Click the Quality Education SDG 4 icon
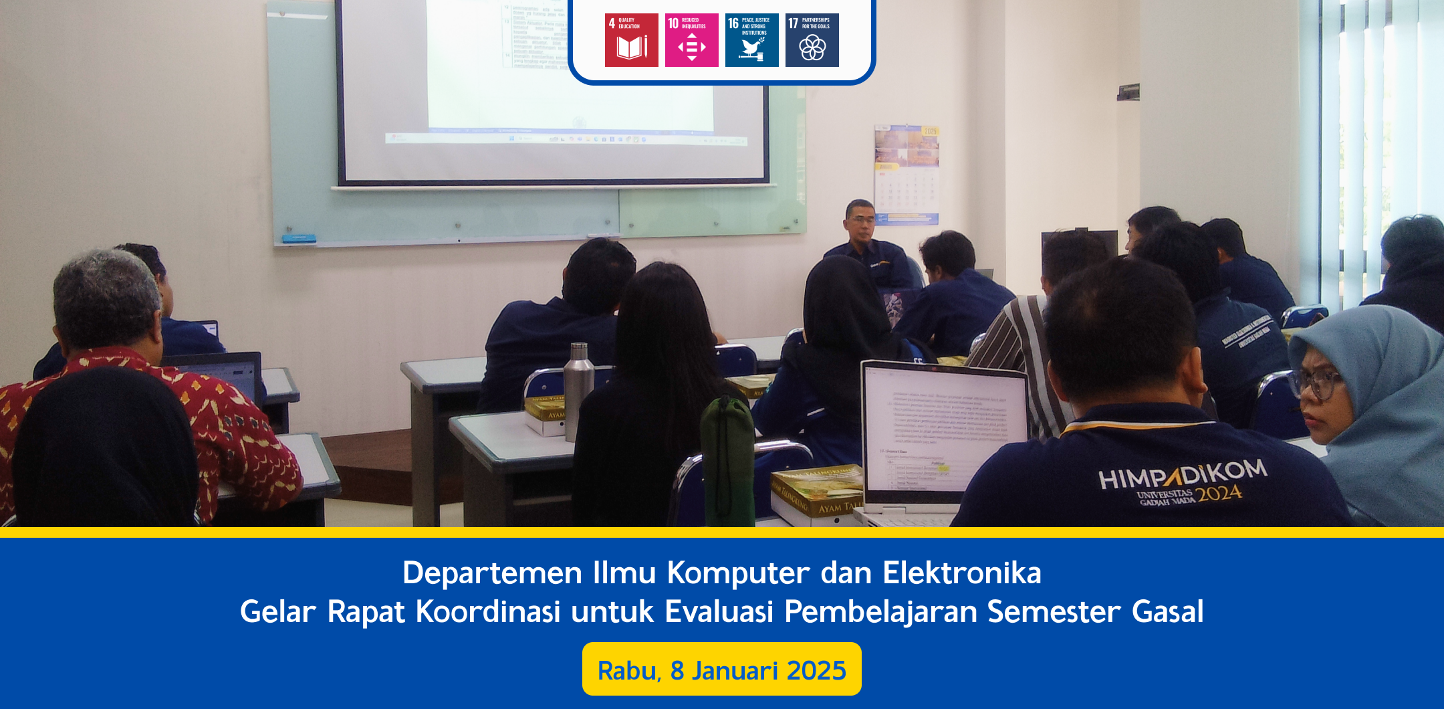click(631, 40)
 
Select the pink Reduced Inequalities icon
click(691, 40)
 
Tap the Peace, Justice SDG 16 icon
click(751, 40)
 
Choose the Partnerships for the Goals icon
click(812, 40)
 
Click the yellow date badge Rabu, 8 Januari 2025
click(721, 670)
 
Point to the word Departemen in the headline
click(492, 573)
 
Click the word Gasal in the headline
click(1167, 612)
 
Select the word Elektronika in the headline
click(961, 573)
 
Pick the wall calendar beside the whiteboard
click(907, 175)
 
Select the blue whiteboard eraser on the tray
click(298, 238)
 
